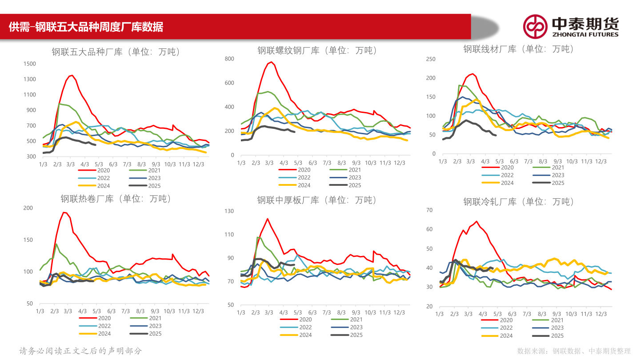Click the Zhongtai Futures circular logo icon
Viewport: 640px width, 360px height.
click(x=535, y=26)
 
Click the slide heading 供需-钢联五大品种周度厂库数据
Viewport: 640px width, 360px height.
click(x=86, y=27)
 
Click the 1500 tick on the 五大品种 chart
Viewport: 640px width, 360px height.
click(x=30, y=64)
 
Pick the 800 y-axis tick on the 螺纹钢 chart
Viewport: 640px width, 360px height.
click(x=229, y=59)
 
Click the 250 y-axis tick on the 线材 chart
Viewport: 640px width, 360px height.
click(x=430, y=59)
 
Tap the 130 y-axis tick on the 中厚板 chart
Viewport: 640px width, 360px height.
click(x=229, y=211)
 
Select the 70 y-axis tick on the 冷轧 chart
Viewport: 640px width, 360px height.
click(x=429, y=210)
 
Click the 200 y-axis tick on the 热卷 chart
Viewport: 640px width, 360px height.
click(x=28, y=208)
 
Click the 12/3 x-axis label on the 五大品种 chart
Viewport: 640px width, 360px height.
click(x=198, y=164)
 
